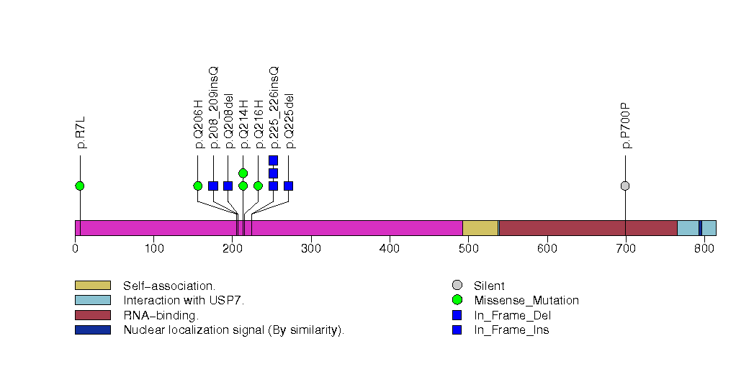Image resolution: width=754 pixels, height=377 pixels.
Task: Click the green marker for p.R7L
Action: pyautogui.click(x=80, y=186)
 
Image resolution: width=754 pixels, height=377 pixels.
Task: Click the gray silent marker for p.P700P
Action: pyautogui.click(x=625, y=186)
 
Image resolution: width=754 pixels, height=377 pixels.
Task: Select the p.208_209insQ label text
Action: pyautogui.click(x=214, y=107)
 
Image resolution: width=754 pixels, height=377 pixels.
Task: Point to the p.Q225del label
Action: pyautogui.click(x=289, y=121)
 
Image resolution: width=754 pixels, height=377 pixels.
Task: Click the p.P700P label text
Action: pyautogui.click(x=626, y=126)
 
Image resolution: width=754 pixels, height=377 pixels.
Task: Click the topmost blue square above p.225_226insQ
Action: pyautogui.click(x=273, y=160)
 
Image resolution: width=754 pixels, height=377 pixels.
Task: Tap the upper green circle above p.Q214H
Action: pyautogui.click(x=243, y=173)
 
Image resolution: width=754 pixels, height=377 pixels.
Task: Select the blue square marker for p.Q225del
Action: pyautogui.click(x=288, y=186)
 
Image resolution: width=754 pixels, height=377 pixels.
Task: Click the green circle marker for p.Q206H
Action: pyautogui.click(x=198, y=186)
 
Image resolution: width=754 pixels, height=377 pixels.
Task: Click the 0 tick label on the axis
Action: pyautogui.click(x=75, y=249)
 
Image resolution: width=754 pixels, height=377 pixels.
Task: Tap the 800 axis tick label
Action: pyautogui.click(x=704, y=249)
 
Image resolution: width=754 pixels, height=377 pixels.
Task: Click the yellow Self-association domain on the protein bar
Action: pyautogui.click(x=480, y=228)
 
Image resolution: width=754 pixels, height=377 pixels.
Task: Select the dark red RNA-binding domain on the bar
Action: pyautogui.click(x=588, y=228)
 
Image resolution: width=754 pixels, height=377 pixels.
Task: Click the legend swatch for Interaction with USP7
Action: pyautogui.click(x=93, y=300)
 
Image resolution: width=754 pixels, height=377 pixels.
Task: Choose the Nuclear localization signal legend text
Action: pyautogui.click(x=233, y=330)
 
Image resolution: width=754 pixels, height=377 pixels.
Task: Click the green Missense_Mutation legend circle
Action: pyautogui.click(x=457, y=300)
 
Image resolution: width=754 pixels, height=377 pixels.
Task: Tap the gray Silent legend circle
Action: pyautogui.click(x=457, y=286)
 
